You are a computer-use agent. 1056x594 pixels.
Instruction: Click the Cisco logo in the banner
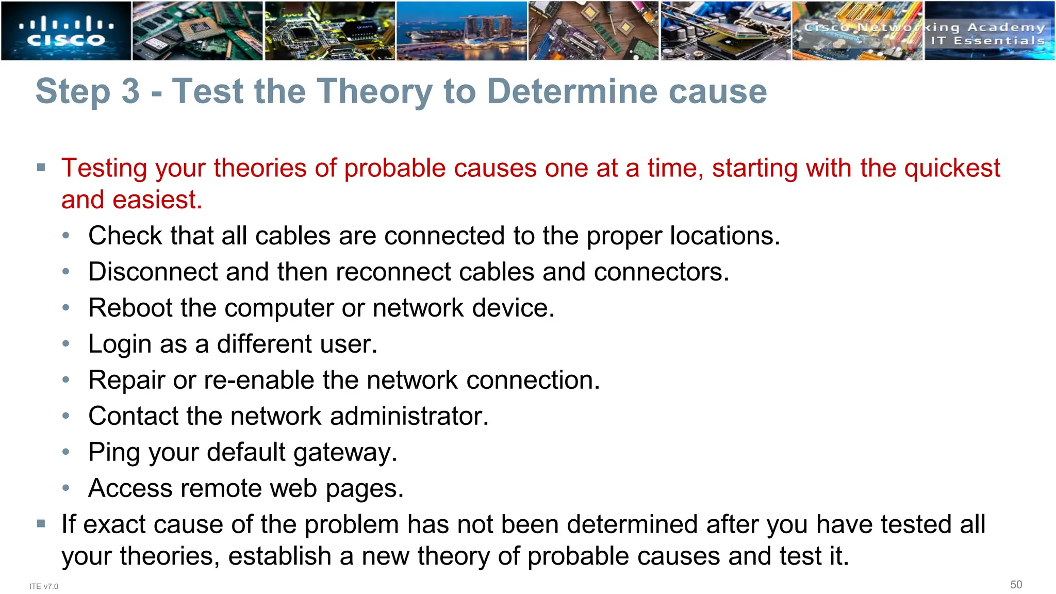[x=66, y=31]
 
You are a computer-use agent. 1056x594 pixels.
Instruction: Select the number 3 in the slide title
[x=130, y=92]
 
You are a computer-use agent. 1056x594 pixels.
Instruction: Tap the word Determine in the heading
[x=572, y=92]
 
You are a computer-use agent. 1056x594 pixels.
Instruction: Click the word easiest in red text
[x=157, y=200]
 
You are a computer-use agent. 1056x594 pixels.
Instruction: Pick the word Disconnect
[x=153, y=272]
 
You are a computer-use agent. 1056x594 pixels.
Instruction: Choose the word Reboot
[x=130, y=308]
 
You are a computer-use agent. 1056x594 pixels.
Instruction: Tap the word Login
[x=120, y=344]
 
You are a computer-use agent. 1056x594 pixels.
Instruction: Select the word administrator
[x=409, y=416]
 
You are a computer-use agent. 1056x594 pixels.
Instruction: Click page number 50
[x=1016, y=584]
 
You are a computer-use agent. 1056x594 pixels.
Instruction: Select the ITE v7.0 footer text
[x=44, y=586]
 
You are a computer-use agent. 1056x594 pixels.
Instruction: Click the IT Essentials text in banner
[x=987, y=41]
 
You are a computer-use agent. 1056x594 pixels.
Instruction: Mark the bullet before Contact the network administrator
[x=65, y=416]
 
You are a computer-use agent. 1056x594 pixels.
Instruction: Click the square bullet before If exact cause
[x=41, y=524]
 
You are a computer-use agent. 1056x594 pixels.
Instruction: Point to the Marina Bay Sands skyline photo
[x=461, y=31]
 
